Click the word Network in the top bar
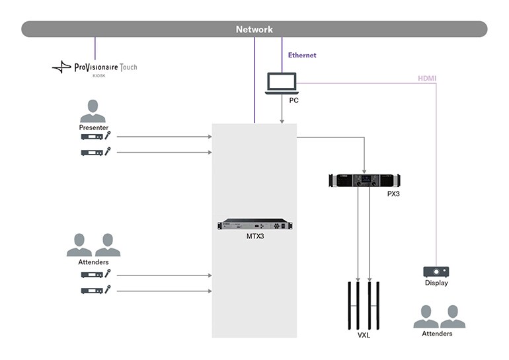click(x=255, y=29)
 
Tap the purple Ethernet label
click(x=302, y=55)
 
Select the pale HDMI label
click(x=426, y=79)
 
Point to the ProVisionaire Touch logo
click(x=95, y=67)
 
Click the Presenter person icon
click(x=93, y=110)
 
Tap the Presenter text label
click(x=93, y=127)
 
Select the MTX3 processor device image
click(x=255, y=225)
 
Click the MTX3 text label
click(x=255, y=236)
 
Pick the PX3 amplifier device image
click(x=364, y=180)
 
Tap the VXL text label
click(x=364, y=336)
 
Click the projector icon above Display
click(x=436, y=271)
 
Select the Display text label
click(x=436, y=283)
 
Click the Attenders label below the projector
click(x=437, y=334)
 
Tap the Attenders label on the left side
click(x=93, y=262)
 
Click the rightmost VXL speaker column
click(x=378, y=305)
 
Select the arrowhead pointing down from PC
click(x=282, y=120)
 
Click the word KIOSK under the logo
click(x=99, y=76)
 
